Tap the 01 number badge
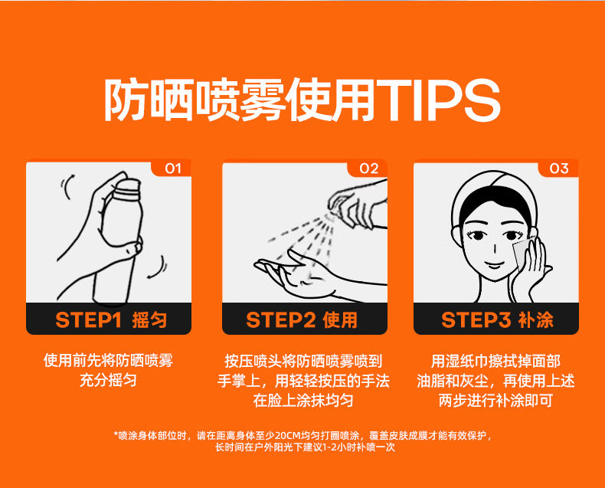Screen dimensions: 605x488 point(172,169)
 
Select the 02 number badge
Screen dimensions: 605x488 point(368,169)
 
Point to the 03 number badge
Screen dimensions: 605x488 point(559,169)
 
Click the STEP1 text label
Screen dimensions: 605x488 point(88,320)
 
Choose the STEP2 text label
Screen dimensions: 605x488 point(280,320)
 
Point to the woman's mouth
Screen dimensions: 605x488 point(494,265)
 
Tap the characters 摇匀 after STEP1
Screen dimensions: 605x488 point(149,320)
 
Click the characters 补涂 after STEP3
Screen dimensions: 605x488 point(536,320)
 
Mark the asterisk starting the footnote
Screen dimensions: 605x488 point(116,434)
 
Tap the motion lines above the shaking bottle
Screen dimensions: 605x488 point(67,186)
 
